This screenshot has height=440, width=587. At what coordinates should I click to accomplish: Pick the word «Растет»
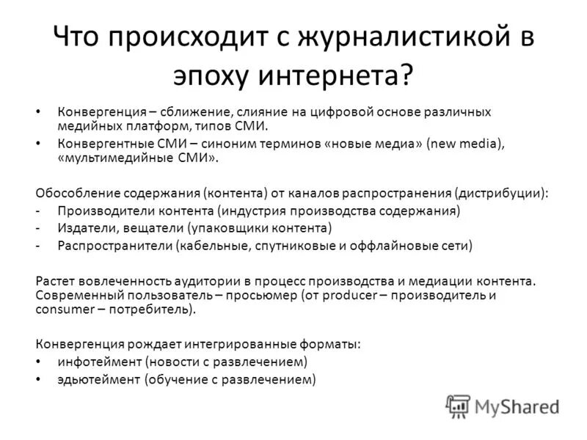pyautogui.click(x=54, y=280)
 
